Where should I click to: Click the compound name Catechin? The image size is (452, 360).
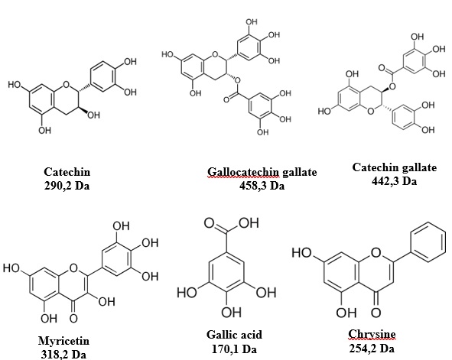67,172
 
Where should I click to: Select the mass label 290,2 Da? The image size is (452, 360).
67,186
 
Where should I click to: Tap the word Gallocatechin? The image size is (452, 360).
243,172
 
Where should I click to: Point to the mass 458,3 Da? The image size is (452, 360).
262,186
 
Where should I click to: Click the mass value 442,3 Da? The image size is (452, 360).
394,181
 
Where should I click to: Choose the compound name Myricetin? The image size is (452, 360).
63,341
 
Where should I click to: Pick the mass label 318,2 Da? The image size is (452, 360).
63,354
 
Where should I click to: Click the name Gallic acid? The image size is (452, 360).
234,335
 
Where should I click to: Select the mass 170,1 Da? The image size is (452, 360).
234,349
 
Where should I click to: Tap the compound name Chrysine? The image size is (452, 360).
372,334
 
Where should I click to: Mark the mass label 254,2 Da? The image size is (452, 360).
372,349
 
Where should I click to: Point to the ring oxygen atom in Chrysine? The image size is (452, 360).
376,252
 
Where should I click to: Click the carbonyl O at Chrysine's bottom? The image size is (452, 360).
376,312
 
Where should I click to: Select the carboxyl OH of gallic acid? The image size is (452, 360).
249,223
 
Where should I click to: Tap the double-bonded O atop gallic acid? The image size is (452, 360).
210,223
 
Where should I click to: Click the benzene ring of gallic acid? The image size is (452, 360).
226,273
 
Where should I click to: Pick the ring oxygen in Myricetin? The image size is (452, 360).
73,268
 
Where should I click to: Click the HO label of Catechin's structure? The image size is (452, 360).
15,85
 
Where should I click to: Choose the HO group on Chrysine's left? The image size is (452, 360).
302,252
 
